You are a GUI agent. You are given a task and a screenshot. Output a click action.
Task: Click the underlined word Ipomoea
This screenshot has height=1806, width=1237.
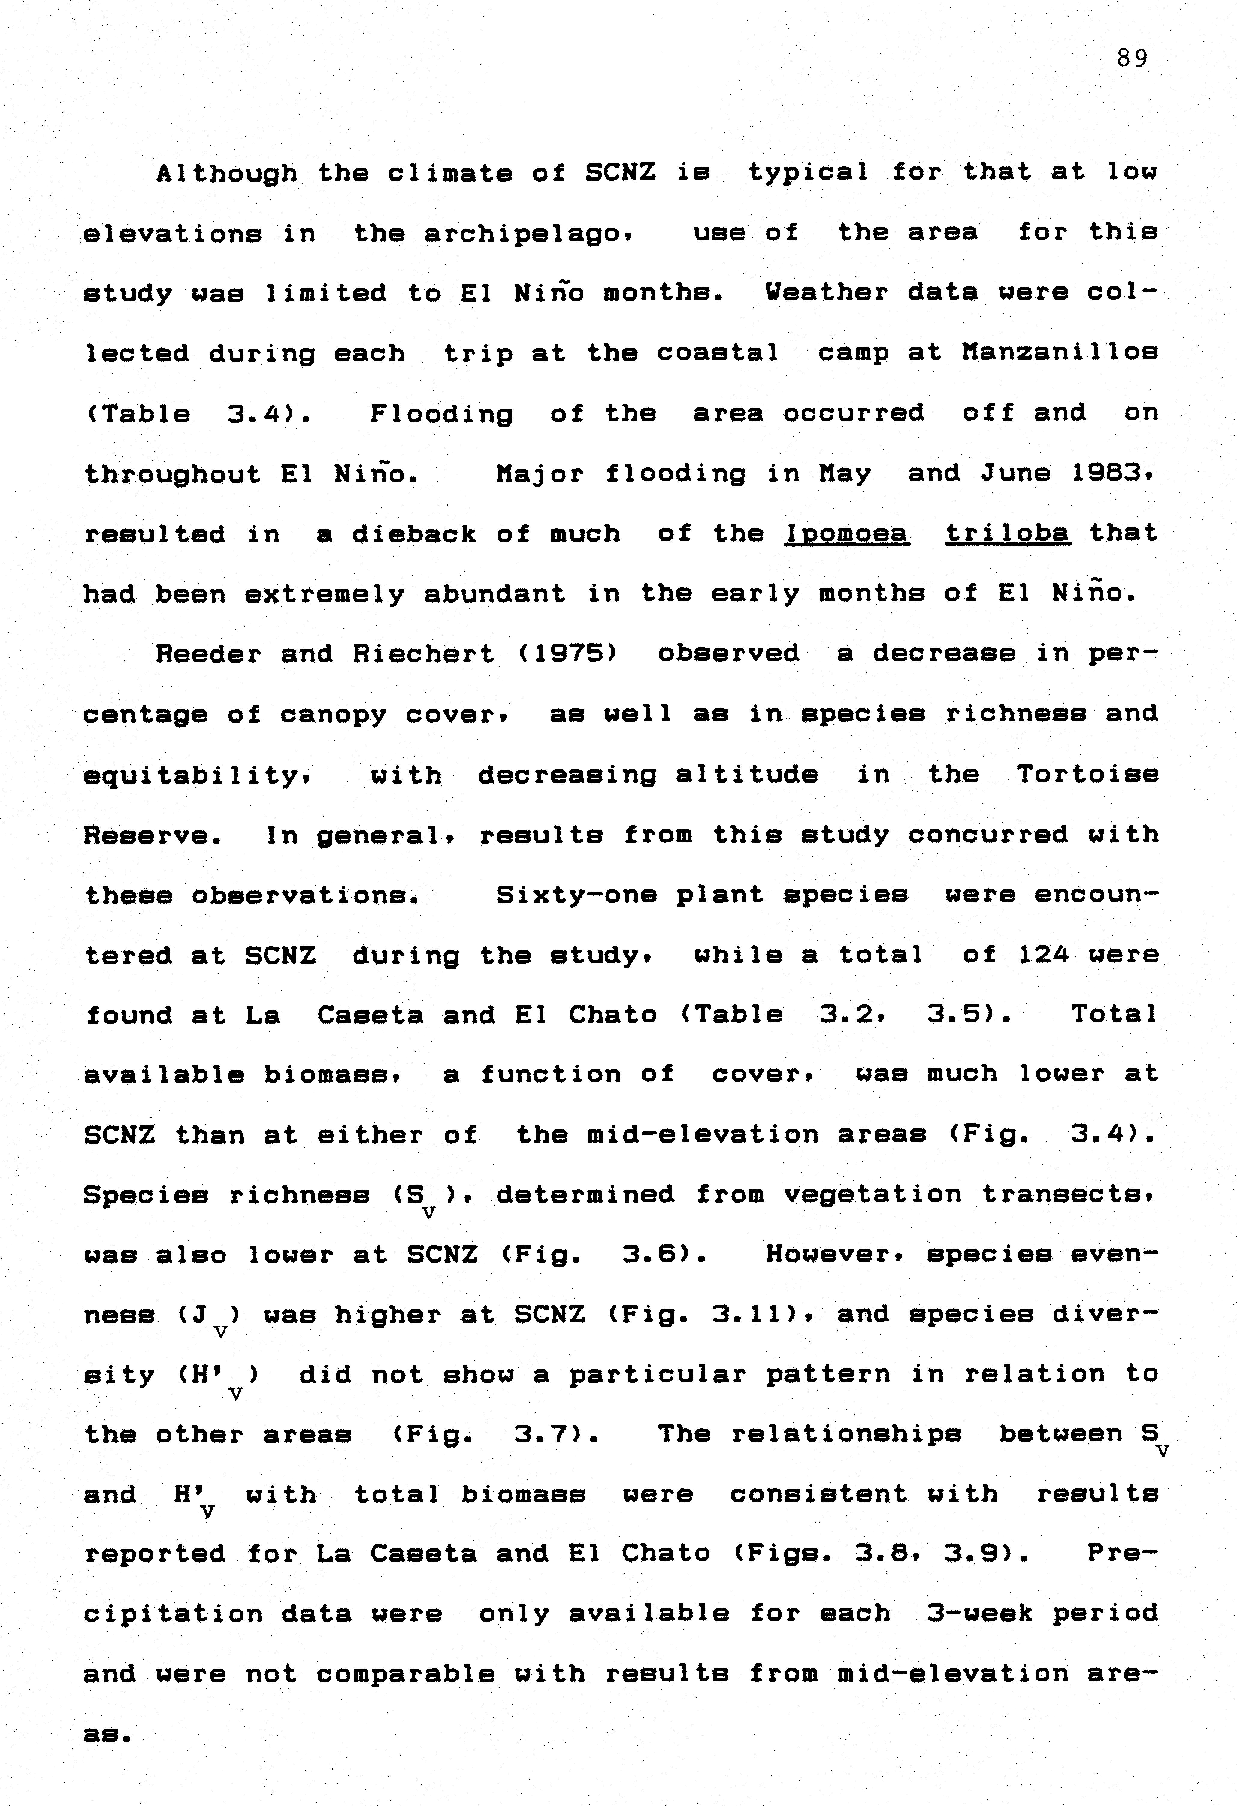[846, 534]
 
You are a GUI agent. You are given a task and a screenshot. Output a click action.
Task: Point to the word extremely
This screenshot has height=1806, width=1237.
[325, 594]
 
